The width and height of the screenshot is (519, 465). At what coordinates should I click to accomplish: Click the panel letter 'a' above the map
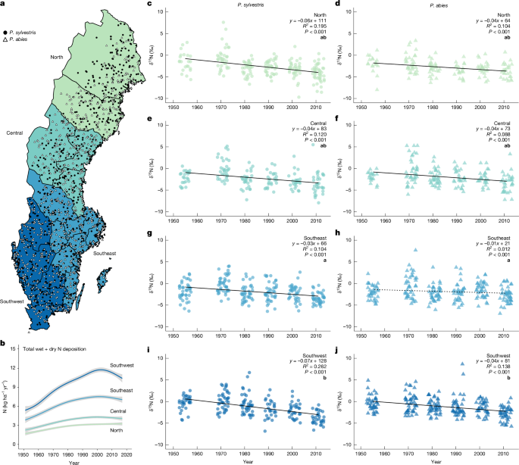3,5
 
